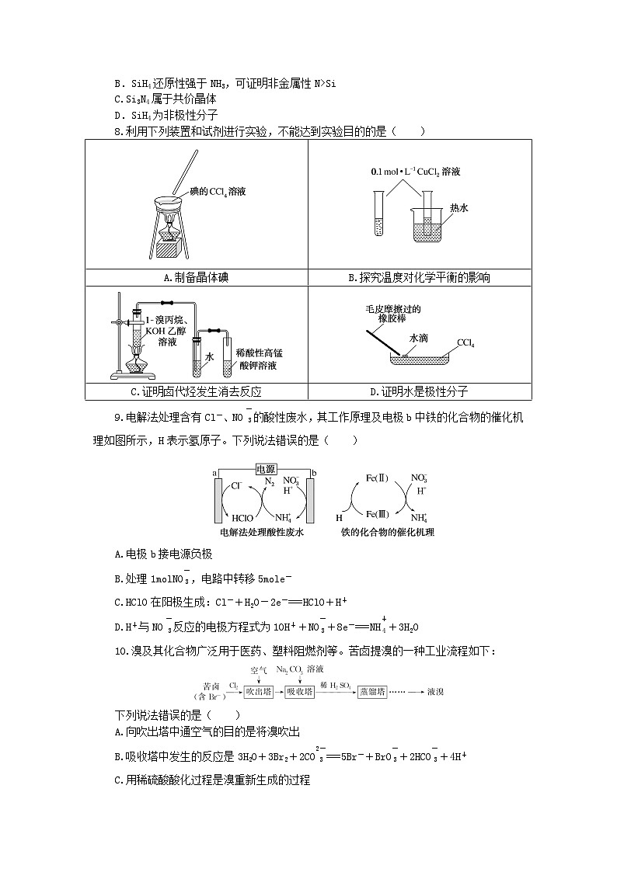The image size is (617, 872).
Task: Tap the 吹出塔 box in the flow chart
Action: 257,691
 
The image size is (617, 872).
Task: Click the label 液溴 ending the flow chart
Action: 435,691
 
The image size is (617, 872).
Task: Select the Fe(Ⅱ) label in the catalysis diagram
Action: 366,478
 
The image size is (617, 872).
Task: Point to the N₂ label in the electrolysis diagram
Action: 269,481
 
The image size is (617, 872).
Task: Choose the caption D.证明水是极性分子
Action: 419,391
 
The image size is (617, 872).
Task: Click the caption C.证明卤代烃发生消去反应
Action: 196,391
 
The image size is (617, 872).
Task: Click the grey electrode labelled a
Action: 218,502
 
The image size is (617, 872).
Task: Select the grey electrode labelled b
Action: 310,502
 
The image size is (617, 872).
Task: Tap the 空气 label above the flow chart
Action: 259,669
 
